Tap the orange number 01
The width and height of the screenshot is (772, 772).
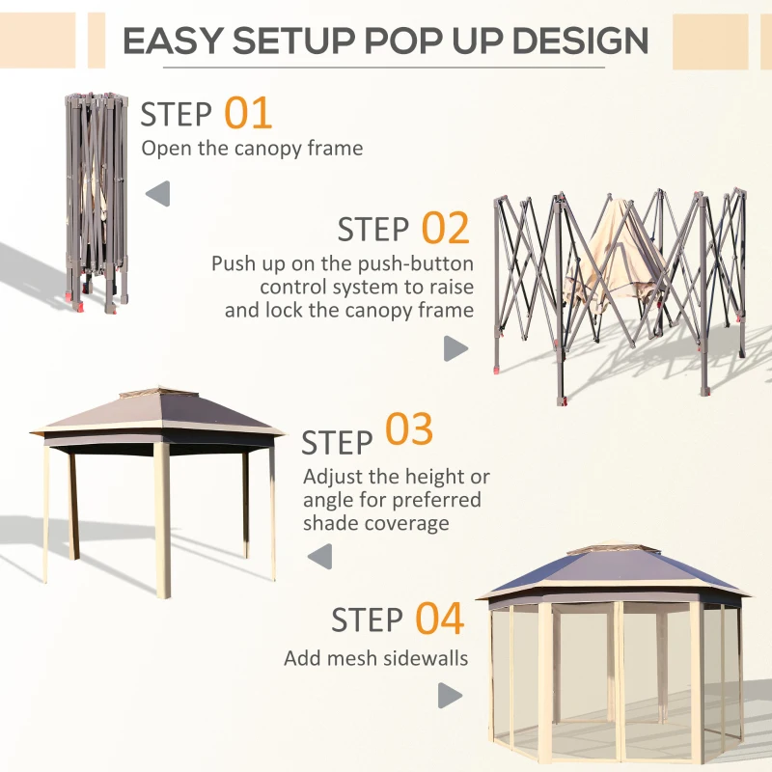(x=248, y=113)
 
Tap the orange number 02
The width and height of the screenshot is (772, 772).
(x=445, y=229)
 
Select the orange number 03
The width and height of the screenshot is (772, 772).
(x=409, y=430)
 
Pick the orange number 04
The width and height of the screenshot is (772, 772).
(x=440, y=619)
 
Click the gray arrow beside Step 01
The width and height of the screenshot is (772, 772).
(x=158, y=194)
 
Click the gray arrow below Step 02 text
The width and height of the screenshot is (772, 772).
(x=455, y=349)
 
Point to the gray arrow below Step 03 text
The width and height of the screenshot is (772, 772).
(x=319, y=556)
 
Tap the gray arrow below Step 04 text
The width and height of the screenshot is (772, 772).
(x=450, y=695)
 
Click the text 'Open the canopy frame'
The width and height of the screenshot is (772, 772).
(x=252, y=149)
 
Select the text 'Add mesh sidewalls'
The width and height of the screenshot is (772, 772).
(x=375, y=659)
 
